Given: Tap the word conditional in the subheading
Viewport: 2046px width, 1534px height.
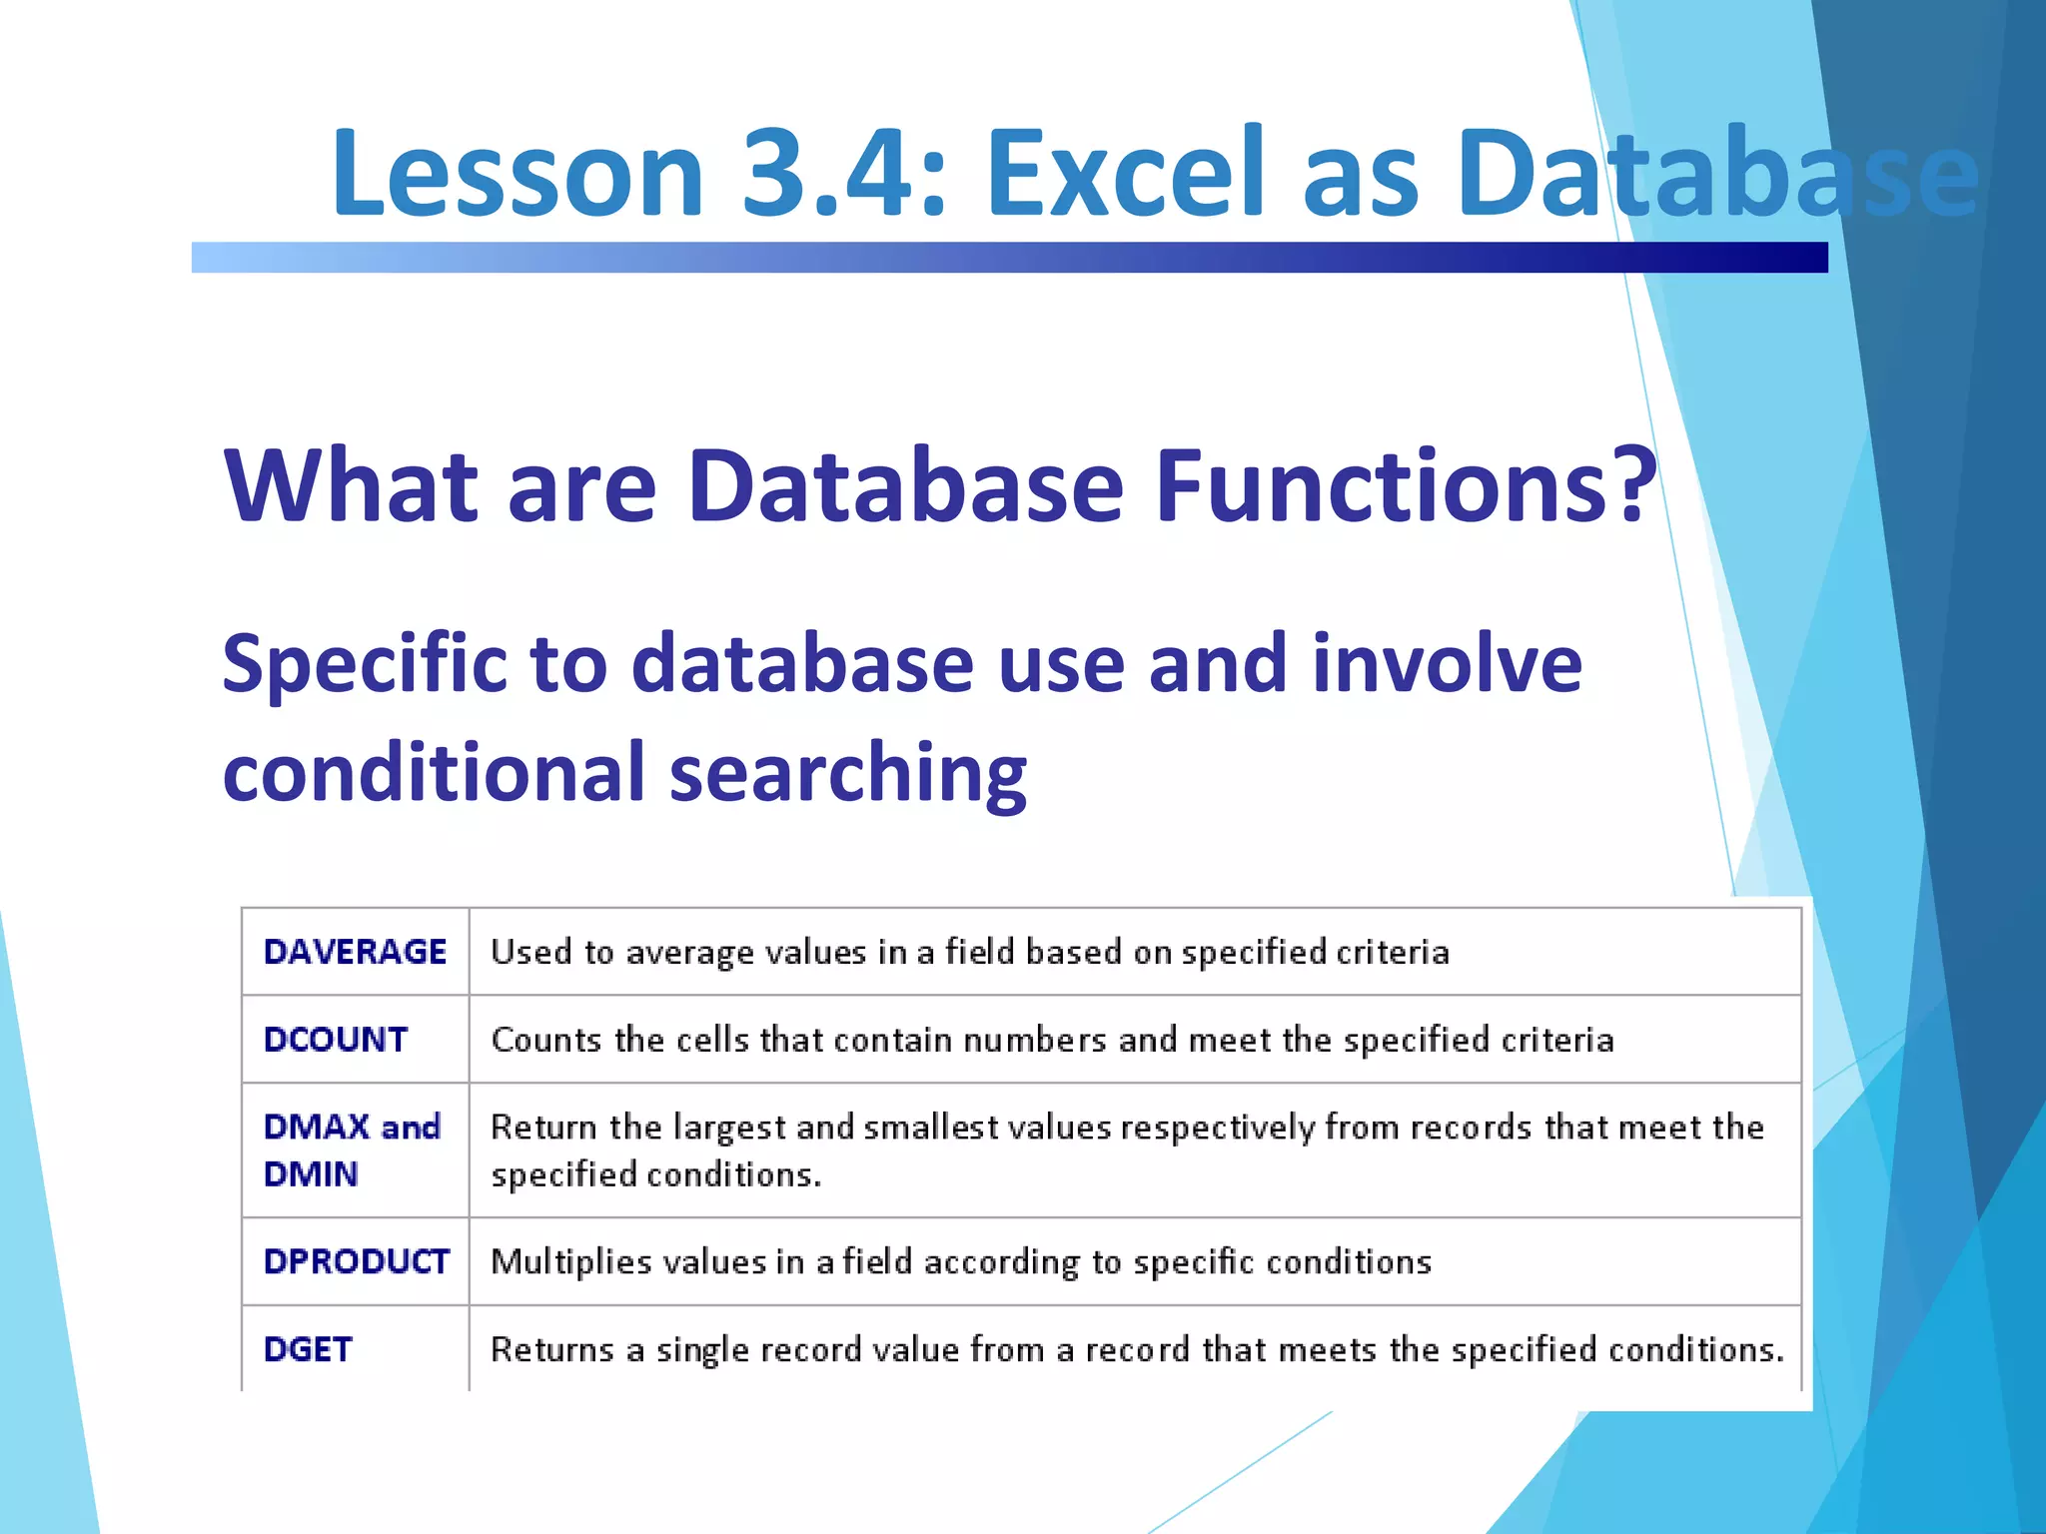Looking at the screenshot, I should (434, 772).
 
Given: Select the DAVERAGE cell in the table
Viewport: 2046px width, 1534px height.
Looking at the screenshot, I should (355, 952).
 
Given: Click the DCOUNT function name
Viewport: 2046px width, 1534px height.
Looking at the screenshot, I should (336, 1040).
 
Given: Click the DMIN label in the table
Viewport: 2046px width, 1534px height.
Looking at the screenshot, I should (311, 1174).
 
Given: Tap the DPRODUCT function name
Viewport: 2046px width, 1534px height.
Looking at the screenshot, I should (356, 1261).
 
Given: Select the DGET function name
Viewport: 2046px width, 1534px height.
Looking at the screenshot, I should (308, 1349).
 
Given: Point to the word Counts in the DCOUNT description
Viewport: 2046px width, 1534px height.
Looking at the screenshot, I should (546, 1040).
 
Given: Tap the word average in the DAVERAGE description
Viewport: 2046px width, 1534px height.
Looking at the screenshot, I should (689, 953).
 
